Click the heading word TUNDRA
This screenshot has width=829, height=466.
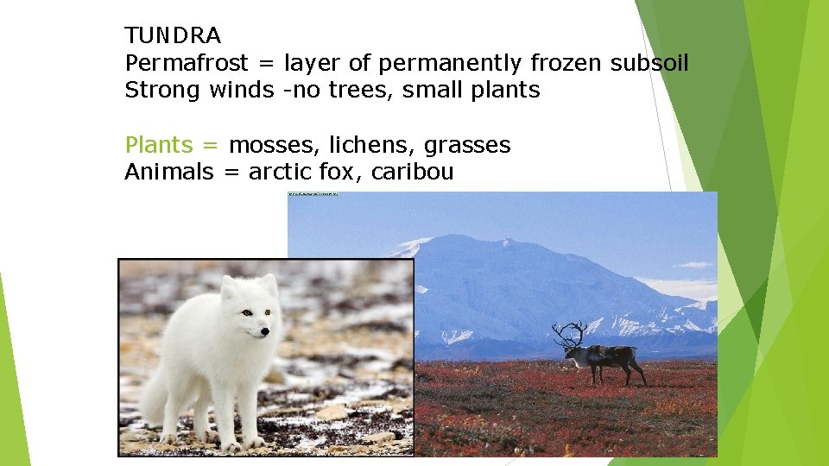[x=173, y=36]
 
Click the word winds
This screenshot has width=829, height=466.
[x=241, y=91]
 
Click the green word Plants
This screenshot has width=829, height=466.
[x=159, y=145]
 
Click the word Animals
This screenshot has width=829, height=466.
[x=169, y=172]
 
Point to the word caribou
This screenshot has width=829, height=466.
[x=412, y=172]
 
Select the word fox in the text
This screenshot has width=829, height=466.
[x=341, y=172]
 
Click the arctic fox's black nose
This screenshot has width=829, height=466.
[x=264, y=331]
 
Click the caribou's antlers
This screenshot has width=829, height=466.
[x=570, y=332]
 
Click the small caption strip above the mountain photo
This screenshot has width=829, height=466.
[x=313, y=194]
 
